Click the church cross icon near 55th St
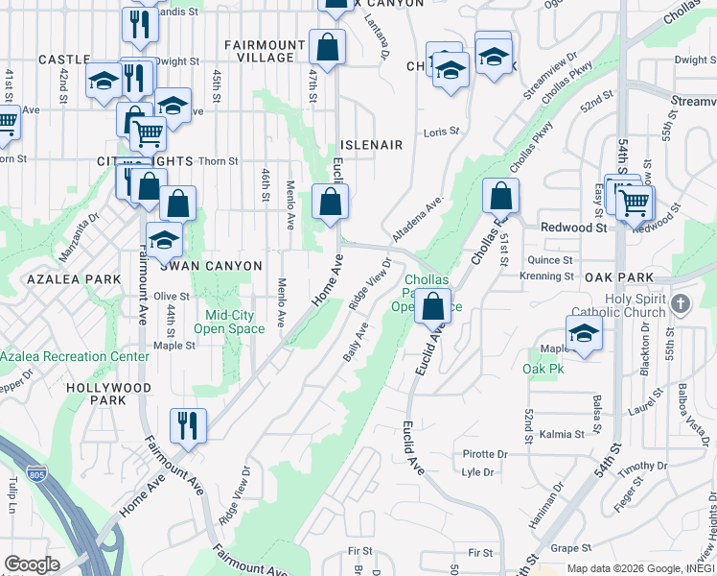(681, 304)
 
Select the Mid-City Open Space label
(229, 322)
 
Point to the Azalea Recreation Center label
(75, 356)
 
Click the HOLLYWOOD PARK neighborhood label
(108, 394)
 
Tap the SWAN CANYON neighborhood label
(217, 266)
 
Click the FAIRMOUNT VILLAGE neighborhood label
(265, 51)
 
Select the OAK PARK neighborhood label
(618, 277)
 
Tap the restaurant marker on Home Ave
(188, 425)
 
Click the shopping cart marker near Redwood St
(634, 202)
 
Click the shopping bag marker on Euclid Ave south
(433, 307)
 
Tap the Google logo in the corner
(33, 564)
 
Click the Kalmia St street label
(556, 435)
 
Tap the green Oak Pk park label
(543, 369)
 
